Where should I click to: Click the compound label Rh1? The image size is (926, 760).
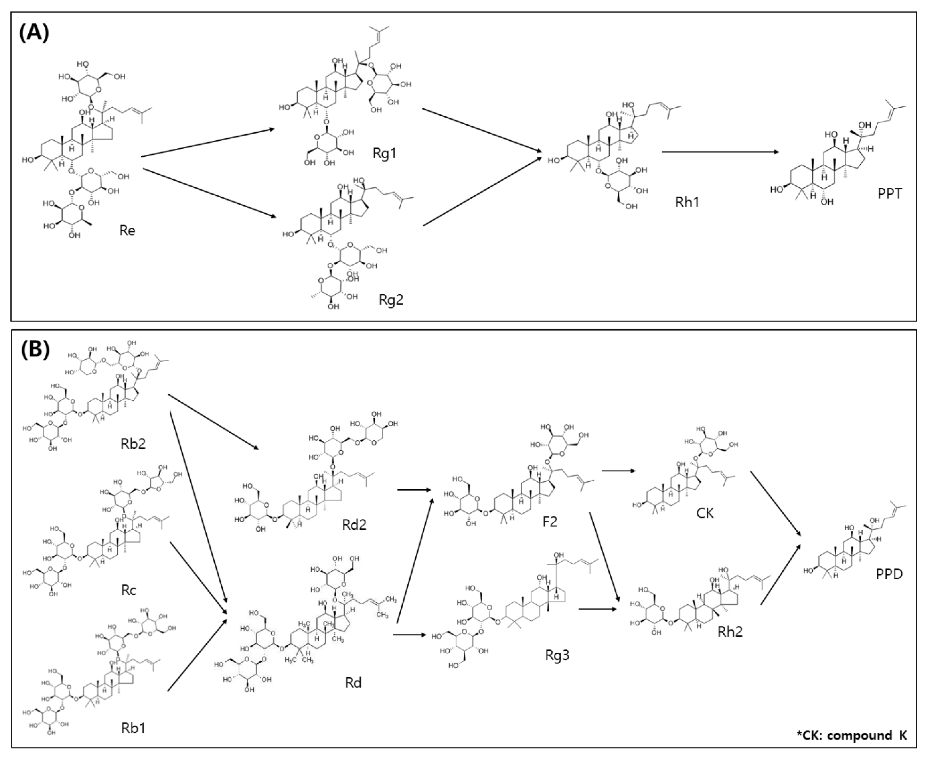(x=687, y=202)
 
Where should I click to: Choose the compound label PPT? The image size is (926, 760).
(x=890, y=193)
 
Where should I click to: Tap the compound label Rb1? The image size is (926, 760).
(x=133, y=728)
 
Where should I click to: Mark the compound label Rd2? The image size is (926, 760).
(x=354, y=524)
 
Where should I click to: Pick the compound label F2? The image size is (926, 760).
(x=549, y=521)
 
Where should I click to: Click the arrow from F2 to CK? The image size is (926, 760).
(x=618, y=471)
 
